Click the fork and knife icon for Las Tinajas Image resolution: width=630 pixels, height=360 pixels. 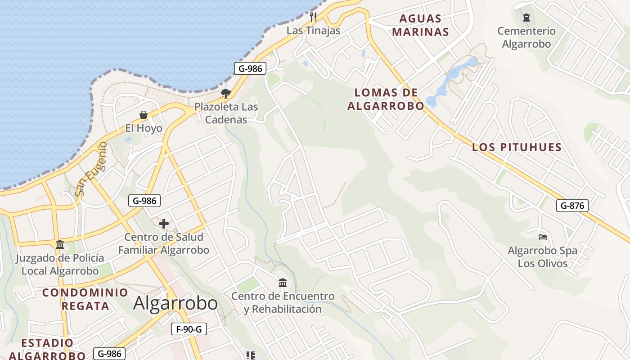coord(314,17)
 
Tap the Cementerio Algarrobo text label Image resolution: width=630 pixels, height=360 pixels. coord(526,37)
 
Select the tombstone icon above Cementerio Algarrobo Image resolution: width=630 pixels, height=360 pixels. coord(526,18)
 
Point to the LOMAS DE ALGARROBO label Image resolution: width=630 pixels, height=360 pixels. coord(386,99)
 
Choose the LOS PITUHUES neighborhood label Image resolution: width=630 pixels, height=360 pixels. coord(517,147)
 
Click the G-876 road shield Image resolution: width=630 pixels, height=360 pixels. coord(572,206)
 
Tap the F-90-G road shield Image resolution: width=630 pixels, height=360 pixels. coord(189,329)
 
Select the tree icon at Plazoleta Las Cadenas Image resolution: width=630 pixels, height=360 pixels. coord(226,94)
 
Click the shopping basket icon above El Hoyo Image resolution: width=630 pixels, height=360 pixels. coord(144,115)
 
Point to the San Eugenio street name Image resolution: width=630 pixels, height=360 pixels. coord(91,169)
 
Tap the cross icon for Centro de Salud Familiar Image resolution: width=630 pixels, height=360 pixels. coord(164,223)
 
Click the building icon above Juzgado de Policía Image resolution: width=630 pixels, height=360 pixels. coord(60,244)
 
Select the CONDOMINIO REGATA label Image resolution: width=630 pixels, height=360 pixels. coord(85,299)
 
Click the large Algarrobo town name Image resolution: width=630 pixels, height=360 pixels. coord(175,303)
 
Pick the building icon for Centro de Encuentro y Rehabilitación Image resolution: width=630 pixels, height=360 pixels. coord(283,283)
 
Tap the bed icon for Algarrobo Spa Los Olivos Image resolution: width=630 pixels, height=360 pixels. coord(542,237)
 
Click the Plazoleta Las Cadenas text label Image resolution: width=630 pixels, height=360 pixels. coord(226,113)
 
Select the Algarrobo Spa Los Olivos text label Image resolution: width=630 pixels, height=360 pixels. coord(542,257)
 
